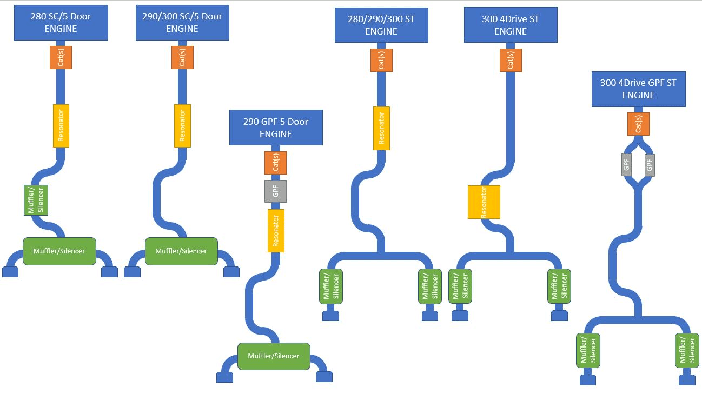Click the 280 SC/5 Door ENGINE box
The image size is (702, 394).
pos(61,23)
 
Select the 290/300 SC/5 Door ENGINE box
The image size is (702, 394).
pos(182,23)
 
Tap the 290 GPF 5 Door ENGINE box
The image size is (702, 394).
pos(276,128)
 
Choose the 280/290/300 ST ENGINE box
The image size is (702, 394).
pos(381,25)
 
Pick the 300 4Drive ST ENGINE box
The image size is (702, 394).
pos(511,25)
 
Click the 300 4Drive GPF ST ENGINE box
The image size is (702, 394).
pos(638,89)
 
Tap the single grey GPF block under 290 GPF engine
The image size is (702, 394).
pos(275,191)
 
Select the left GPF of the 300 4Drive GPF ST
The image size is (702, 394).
pos(627,164)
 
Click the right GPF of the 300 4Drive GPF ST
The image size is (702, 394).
pos(650,164)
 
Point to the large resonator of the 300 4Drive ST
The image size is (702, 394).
pos(484,202)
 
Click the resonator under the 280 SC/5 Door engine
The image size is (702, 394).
pos(61,125)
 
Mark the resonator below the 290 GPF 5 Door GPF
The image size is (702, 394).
pos(276,231)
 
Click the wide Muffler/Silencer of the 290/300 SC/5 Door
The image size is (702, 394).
pos(181,251)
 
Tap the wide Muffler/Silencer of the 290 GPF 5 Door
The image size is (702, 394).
pos(274,356)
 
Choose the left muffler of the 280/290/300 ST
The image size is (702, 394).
pos(332,286)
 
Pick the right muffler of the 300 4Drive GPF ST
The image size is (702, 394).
pos(687,350)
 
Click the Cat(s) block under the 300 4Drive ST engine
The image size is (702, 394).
pos(511,60)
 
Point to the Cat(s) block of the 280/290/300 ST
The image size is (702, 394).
pos(381,60)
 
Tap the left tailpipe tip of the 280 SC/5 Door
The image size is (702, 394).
pos(10,272)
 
